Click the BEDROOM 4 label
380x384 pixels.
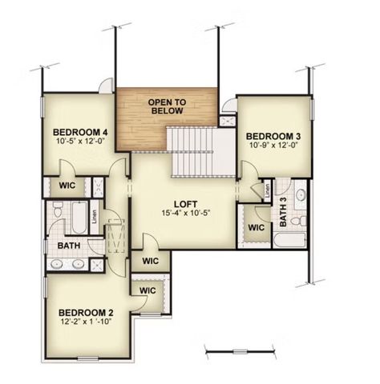[x=79, y=132]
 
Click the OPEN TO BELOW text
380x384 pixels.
[x=167, y=106]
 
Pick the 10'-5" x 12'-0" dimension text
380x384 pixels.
[x=79, y=142]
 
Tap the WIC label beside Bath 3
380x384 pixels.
[x=256, y=227]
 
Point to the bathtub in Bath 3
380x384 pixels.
[x=290, y=239]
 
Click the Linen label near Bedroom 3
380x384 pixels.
[x=267, y=191]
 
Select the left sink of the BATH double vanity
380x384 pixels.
[x=59, y=263]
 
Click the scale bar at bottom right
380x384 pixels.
[x=241, y=350]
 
